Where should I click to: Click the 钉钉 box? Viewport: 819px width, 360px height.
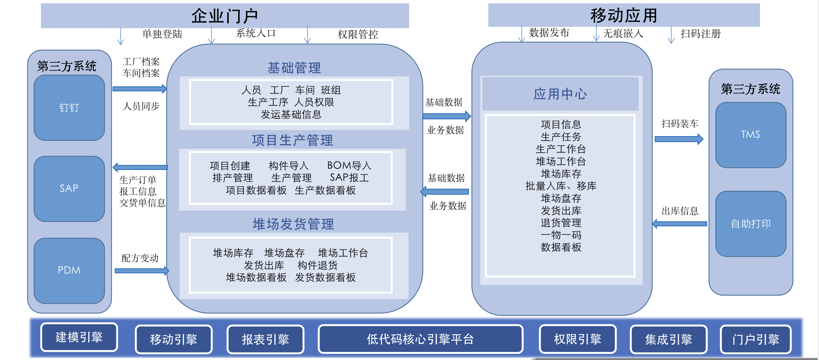69,108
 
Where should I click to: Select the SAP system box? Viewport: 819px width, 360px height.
69,189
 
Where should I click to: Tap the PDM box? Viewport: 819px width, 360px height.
69,271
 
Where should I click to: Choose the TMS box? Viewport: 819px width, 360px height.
751,135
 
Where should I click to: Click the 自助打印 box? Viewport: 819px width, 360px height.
751,224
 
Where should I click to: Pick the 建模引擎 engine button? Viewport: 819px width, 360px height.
79,337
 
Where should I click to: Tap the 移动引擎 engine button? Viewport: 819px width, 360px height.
174,339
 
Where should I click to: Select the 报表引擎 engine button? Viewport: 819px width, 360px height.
266,339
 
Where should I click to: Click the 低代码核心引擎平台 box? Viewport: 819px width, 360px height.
421,339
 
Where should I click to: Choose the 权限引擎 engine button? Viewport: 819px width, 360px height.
578,339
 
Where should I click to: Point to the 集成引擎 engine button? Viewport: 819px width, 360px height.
669,339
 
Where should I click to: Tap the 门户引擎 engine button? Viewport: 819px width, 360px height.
756,339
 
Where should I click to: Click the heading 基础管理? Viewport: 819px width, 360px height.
294,68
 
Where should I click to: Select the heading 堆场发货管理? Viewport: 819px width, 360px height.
293,224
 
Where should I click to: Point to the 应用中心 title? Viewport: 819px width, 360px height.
560,94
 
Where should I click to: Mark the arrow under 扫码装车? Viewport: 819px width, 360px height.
679,139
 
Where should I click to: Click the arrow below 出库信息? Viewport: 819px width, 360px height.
679,224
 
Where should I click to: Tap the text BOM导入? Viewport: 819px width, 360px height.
349,165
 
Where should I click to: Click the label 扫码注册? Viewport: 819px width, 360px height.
701,34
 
